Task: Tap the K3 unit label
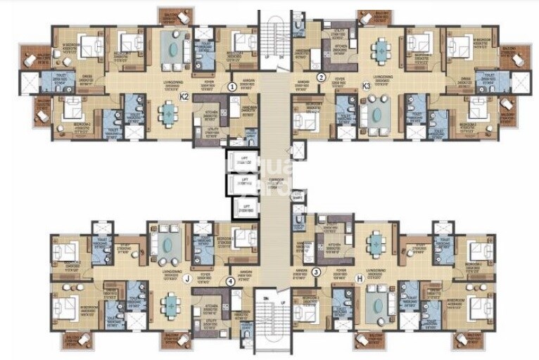[x=366, y=86]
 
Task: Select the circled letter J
[x=186, y=279]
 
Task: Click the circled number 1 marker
[x=232, y=86]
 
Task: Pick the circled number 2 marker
[x=322, y=77]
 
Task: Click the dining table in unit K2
[x=170, y=113]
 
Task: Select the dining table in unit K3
[x=381, y=50]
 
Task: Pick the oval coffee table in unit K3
[x=372, y=112]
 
